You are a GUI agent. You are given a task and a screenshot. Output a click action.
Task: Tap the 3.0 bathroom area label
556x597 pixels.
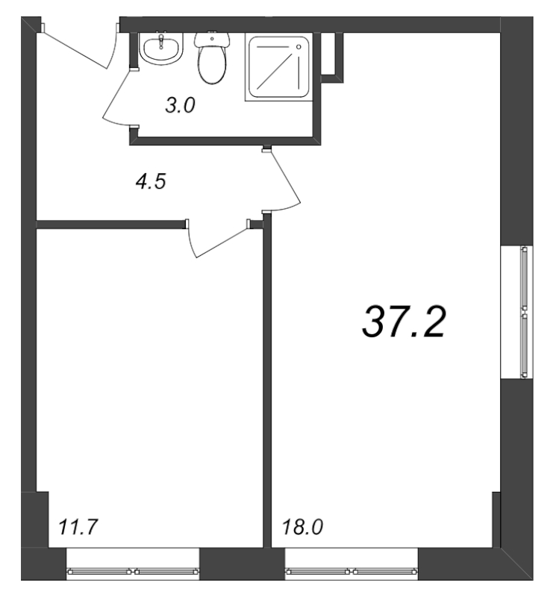coord(180,106)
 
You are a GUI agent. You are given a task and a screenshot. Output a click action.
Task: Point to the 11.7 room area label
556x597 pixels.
coord(78,528)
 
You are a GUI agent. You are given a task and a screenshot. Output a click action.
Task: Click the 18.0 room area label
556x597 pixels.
coord(302,528)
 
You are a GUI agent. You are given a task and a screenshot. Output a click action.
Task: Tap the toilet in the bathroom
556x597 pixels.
coord(212,63)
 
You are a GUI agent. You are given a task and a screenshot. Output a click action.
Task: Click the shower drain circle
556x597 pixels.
coord(299,47)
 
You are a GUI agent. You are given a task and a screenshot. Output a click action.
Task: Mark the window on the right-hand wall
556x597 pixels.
coord(525,310)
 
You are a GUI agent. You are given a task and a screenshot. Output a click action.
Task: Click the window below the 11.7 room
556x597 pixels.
coord(133,572)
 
